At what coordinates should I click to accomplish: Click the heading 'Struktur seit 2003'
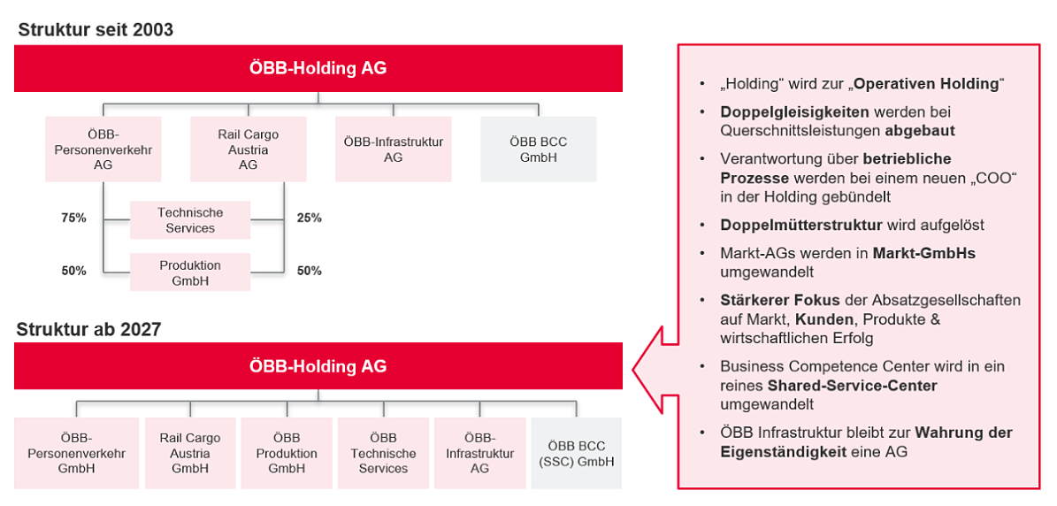click(x=95, y=30)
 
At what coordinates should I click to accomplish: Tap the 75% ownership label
click(x=73, y=218)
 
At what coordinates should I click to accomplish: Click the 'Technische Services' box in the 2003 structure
click(x=190, y=220)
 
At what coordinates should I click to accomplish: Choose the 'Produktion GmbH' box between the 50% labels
click(x=190, y=272)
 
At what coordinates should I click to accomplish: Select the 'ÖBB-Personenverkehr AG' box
click(x=103, y=149)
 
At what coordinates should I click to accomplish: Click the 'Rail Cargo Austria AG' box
click(x=248, y=149)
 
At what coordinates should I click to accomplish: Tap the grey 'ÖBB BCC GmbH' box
click(x=538, y=149)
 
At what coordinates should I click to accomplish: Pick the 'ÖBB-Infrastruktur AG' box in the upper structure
click(x=393, y=149)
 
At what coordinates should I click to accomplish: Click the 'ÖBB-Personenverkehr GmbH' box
click(x=76, y=453)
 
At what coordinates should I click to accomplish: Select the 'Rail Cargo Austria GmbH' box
click(x=190, y=453)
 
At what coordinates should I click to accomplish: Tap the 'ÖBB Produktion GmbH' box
click(x=287, y=453)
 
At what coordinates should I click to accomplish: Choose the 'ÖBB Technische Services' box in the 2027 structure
click(x=383, y=453)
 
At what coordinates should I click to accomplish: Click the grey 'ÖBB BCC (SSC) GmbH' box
click(x=577, y=453)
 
